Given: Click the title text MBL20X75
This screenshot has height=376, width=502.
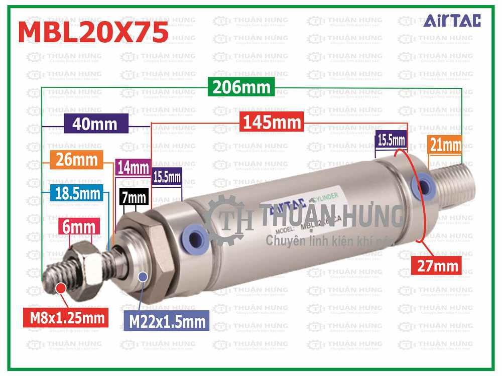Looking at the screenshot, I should click(93, 33).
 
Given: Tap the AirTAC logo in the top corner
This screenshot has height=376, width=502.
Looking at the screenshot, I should click(452, 21).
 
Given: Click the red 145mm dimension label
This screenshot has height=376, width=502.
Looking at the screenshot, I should click(272, 122).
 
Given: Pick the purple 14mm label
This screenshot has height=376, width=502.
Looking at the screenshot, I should click(133, 167).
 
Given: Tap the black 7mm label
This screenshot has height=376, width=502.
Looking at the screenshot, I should click(134, 197).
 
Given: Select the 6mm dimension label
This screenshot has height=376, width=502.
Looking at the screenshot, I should click(78, 227).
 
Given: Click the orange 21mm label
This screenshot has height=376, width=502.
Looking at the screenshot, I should click(444, 146).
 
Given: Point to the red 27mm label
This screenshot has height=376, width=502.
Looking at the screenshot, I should click(435, 265).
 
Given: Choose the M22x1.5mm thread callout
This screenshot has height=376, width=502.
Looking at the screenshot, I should click(167, 321).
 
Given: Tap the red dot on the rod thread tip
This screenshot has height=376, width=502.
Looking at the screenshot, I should click(61, 288).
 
